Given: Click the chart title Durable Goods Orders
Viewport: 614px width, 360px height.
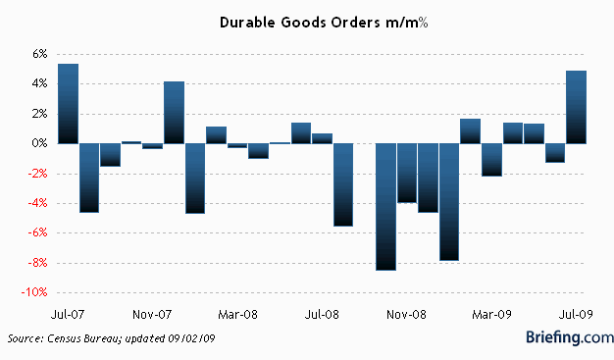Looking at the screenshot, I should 306,22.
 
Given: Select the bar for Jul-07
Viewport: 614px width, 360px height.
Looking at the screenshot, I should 68,103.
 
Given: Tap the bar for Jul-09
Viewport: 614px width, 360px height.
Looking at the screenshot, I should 577,107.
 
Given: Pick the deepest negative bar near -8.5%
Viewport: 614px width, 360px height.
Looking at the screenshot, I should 385,206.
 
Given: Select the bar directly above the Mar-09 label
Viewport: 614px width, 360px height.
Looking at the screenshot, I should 491,159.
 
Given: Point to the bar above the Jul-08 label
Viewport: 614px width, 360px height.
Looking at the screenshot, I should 322,137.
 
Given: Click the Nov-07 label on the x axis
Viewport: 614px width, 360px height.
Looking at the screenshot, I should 152,316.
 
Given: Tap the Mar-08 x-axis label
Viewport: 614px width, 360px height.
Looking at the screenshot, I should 237,316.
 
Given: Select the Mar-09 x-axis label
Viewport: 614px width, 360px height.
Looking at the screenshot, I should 492,316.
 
